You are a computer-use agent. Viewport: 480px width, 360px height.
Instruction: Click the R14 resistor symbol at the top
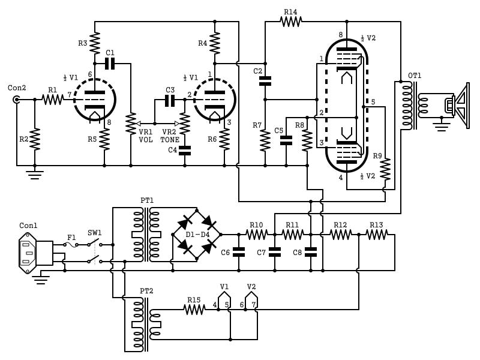tap(290, 22)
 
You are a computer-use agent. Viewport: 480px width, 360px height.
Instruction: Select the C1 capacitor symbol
tap(110, 63)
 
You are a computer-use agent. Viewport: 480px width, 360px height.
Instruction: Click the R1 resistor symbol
tap(53, 100)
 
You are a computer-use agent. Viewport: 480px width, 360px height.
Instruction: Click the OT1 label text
tap(415, 76)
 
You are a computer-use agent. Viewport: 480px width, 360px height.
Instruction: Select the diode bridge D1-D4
tap(197, 235)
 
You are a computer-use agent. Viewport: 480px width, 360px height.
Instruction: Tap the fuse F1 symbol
tap(71, 244)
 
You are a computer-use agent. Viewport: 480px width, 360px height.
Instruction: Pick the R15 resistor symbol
tap(194, 310)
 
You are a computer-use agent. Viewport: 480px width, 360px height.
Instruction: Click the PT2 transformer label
tap(146, 290)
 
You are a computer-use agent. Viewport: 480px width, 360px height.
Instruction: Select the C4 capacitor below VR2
tap(185, 150)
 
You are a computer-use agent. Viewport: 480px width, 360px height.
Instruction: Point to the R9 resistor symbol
tap(385, 169)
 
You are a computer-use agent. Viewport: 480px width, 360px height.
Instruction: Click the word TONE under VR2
tap(170, 140)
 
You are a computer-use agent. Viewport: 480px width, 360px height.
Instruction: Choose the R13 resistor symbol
tap(376, 235)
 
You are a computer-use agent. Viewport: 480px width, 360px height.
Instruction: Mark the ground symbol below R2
tap(35, 174)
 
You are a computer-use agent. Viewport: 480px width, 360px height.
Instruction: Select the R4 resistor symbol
tap(215, 43)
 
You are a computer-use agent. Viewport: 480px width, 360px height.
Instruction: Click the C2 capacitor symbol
tap(265, 80)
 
